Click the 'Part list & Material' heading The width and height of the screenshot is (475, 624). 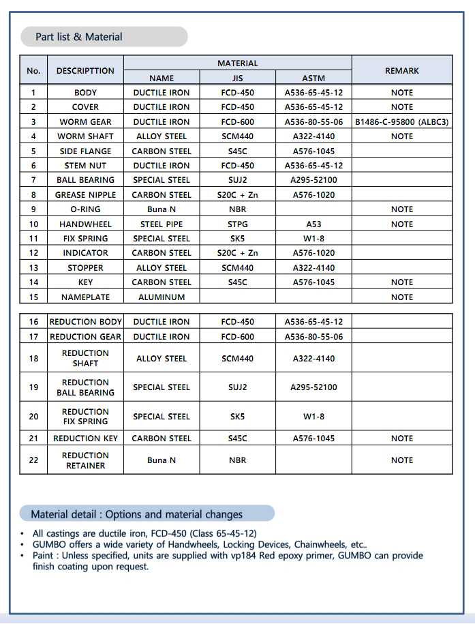tap(79, 37)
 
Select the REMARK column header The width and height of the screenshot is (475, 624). tap(402, 70)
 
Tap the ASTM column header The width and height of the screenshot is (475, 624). tap(313, 78)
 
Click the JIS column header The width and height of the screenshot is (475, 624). tap(238, 78)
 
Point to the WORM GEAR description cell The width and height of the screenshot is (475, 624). tap(85, 122)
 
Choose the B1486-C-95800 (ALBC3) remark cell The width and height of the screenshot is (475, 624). tap(402, 122)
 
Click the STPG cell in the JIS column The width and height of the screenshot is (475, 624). tap(238, 224)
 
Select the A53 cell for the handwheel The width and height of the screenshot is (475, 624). tap(313, 224)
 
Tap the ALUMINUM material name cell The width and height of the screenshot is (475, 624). tap(162, 297)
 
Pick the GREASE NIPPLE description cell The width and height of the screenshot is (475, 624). tap(85, 195)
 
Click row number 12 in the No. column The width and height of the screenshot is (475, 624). tap(33, 253)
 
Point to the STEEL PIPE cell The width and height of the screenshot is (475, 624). tap(162, 224)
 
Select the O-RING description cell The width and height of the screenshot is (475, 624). tap(85, 209)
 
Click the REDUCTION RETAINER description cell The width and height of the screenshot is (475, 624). tap(85, 460)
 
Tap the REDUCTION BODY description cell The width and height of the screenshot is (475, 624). tap(85, 322)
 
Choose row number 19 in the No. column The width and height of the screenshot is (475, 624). tap(33, 387)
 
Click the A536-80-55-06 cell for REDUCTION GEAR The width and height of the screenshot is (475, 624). tap(313, 337)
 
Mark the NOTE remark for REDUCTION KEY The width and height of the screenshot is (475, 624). tap(402, 439)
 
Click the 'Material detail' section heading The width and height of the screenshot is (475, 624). tap(137, 514)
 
